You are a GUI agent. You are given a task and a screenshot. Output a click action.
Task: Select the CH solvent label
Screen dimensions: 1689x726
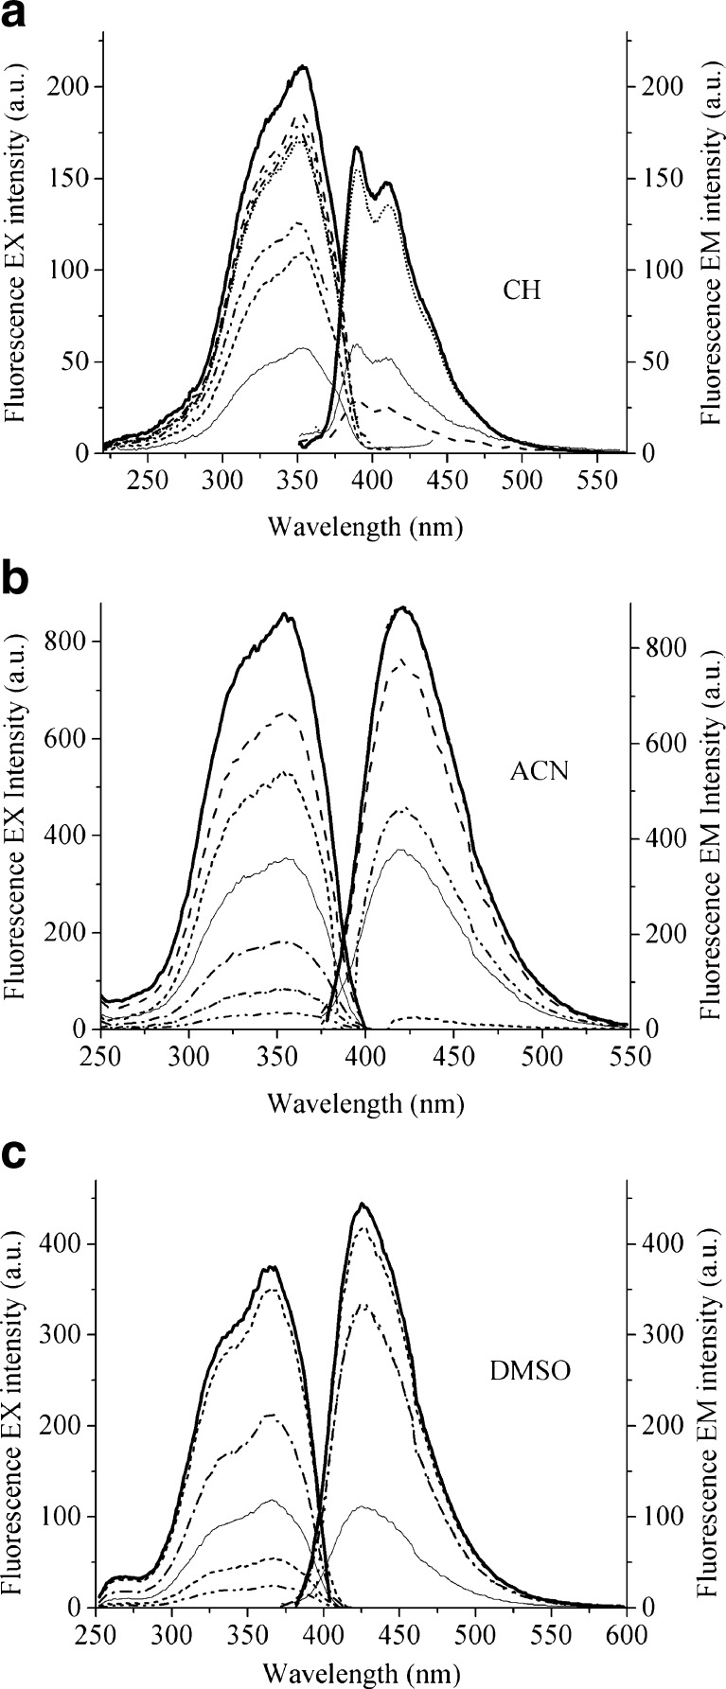pyautogui.click(x=522, y=290)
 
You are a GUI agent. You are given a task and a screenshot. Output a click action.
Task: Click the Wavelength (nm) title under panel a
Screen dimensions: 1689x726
pyautogui.click(x=365, y=526)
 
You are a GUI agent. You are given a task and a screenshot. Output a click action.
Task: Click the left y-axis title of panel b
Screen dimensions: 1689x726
pyautogui.click(x=16, y=815)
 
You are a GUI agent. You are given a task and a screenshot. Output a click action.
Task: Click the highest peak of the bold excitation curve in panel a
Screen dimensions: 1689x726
pyautogui.click(x=303, y=66)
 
